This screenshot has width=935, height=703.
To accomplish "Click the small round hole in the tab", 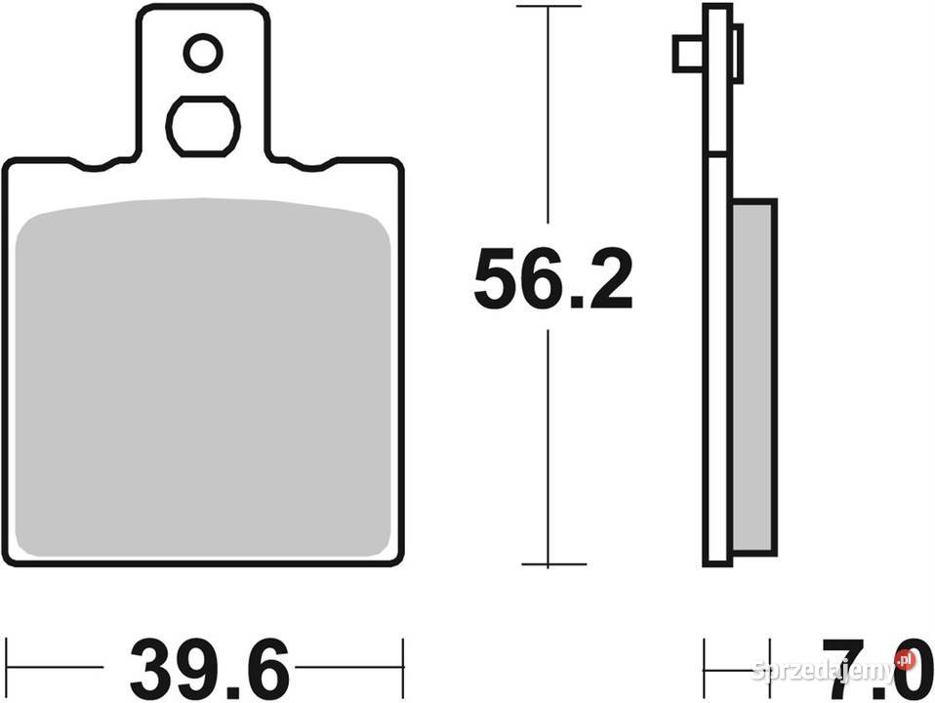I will [203, 53].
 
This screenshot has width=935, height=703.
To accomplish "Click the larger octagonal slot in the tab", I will [203, 126].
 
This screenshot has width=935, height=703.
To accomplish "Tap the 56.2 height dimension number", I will [552, 280].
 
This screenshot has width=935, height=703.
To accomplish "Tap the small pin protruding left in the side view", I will [687, 54].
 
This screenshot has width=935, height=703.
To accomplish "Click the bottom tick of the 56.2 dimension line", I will [552, 564].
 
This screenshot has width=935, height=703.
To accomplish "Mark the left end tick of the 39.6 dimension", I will [7, 669].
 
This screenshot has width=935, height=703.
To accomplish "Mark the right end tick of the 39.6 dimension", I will [402, 669].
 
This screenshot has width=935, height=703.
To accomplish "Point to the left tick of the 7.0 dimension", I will [705, 669].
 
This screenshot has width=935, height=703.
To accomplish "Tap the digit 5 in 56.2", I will [495, 280].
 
